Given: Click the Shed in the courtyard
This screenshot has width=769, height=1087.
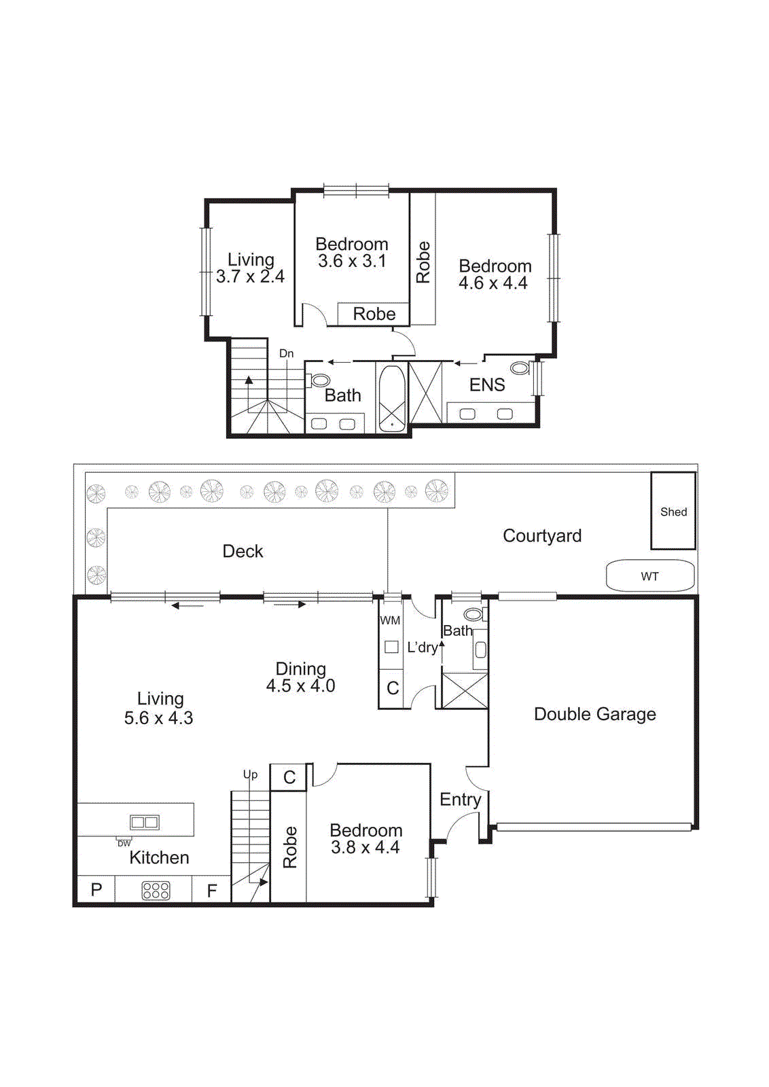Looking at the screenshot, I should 673,511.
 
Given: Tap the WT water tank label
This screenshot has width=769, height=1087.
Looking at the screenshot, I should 649,576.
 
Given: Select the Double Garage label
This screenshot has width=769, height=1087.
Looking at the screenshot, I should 594,714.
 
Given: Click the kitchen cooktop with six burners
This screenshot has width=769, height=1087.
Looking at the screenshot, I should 156,890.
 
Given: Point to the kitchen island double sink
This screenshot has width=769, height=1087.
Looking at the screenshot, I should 145,822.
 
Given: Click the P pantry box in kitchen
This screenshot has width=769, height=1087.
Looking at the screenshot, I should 96,890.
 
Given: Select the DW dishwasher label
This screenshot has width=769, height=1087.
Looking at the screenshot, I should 124,843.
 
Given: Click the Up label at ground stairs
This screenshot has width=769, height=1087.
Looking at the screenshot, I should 250,774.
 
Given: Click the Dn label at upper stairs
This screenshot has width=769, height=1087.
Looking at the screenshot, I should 286,353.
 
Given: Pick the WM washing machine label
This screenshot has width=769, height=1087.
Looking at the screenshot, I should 390,620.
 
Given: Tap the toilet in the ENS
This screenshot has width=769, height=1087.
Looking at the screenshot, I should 520,368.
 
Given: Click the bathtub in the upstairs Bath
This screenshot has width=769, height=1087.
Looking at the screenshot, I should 391,398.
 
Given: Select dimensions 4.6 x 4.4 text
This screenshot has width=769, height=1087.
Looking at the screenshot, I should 493,283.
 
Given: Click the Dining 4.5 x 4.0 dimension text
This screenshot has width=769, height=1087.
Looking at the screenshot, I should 300,686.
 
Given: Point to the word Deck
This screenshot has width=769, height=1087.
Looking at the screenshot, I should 243,551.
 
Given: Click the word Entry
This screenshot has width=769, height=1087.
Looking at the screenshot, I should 460,800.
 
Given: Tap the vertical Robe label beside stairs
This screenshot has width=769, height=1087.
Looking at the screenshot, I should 290,847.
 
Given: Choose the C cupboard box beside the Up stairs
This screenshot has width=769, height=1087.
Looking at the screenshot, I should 289,777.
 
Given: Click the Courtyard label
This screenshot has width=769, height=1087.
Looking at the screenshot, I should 541,535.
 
